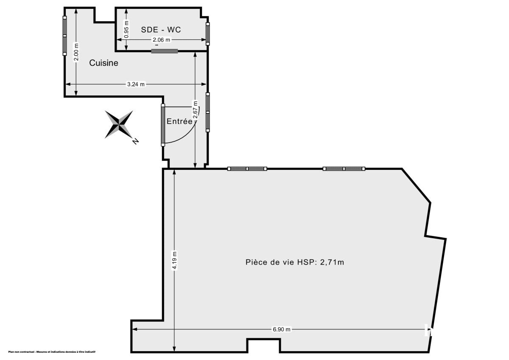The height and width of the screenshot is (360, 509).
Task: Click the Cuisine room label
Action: point(103,63)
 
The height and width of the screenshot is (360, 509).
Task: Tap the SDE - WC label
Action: point(161,29)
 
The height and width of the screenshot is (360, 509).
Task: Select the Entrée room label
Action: point(179,121)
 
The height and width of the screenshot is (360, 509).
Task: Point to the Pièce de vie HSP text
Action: point(294,262)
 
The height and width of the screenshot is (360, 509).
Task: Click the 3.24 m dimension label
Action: point(136,84)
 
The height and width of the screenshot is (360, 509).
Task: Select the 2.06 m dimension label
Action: point(161,40)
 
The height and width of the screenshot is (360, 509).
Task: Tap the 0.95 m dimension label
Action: point(126,30)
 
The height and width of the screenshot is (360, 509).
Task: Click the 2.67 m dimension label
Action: point(195,109)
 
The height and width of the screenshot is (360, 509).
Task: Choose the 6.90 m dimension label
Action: point(281,329)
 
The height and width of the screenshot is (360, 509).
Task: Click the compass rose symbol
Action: point(119,124)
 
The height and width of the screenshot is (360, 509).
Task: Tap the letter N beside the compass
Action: point(135,141)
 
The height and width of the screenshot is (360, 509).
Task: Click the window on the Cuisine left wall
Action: point(64,36)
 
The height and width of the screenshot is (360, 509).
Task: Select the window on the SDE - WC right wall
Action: point(208,34)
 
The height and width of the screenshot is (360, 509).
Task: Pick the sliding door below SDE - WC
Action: point(165,51)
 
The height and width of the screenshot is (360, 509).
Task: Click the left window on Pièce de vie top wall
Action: point(247,169)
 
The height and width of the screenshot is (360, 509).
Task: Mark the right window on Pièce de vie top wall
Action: point(344,169)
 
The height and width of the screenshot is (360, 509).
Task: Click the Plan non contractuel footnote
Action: point(52,352)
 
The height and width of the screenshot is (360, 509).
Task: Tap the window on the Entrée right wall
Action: point(207,112)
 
